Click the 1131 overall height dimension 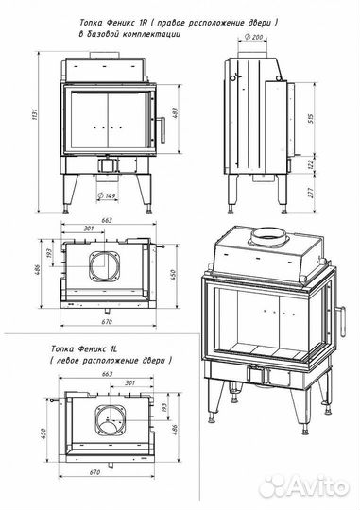36,114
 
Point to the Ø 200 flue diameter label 253,37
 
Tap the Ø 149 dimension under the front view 107,195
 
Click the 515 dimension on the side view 310,119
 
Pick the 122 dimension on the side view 310,162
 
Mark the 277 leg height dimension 310,193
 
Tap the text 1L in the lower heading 113,349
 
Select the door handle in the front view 162,129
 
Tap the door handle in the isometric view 341,322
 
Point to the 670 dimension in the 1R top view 107,322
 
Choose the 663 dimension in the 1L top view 107,374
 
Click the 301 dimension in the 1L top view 129,382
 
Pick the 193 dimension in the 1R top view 49,253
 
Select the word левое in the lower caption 68,361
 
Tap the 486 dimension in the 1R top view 37,270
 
